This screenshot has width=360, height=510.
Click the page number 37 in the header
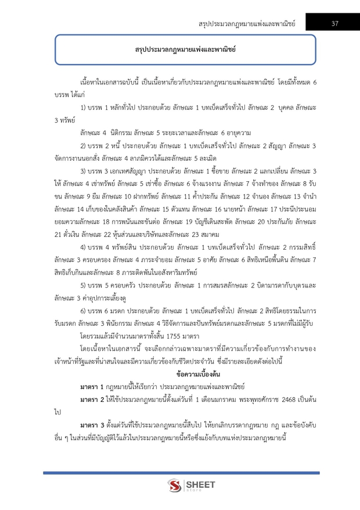pos(335,23)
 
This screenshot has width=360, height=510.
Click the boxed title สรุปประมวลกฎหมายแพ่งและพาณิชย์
pos(179,51)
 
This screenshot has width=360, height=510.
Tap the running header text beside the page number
pos(247,24)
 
